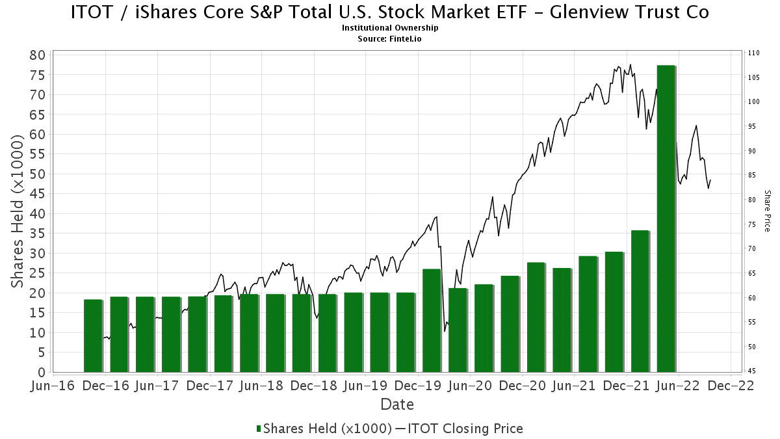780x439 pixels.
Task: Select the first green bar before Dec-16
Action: coord(93,336)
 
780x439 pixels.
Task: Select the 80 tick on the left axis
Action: coord(38,55)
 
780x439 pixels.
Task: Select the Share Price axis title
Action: coord(767,211)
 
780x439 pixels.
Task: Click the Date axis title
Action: coord(396,405)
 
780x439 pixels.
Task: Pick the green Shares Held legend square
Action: coord(259,429)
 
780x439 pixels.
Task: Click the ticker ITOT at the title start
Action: coord(92,12)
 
